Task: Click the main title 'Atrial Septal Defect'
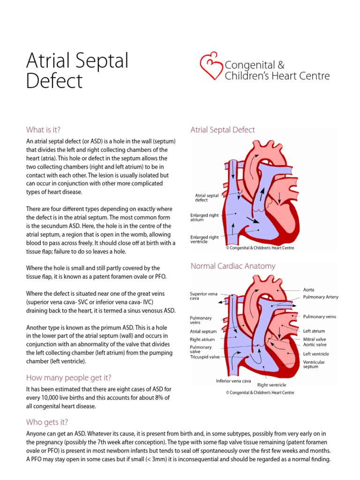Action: [77, 71]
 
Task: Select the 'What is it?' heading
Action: [44, 130]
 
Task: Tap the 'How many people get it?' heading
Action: [69, 377]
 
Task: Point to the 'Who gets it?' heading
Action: [47, 422]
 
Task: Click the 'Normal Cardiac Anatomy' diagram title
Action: [233, 266]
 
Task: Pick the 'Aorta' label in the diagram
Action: [309, 290]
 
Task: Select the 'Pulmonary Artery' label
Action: [321, 297]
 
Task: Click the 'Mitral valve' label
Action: [315, 339]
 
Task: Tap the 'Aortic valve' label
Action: [315, 345]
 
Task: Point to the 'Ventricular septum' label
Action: [314, 364]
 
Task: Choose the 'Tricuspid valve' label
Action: [204, 357]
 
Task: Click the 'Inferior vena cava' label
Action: [233, 381]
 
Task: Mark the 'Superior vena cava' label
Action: [204, 296]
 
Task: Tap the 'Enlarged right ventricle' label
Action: [205, 239]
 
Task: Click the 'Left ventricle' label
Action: [316, 354]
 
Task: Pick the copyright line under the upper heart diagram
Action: [260, 248]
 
